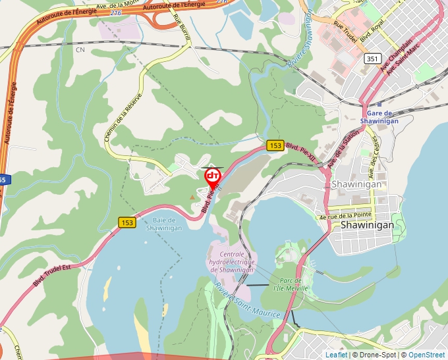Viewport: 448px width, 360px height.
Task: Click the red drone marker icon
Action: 213,176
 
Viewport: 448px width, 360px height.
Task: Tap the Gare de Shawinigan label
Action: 379,116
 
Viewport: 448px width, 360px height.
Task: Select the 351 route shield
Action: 373,59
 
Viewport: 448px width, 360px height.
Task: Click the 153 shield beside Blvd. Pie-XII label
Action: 275,145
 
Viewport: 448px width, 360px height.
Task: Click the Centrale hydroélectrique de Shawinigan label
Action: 237,262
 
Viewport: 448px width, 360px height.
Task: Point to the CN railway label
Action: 80,49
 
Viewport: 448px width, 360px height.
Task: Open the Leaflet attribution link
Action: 336,355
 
